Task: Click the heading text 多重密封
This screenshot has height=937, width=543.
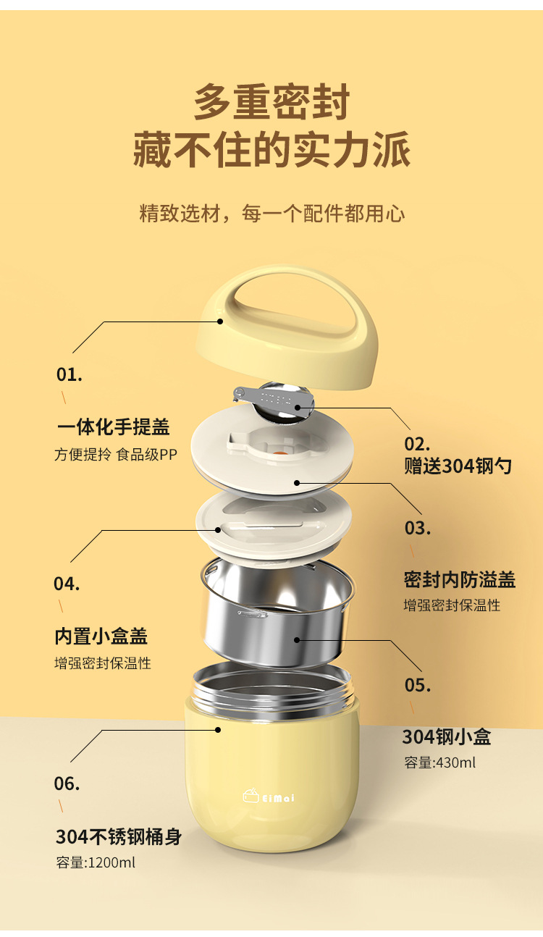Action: pyautogui.click(x=271, y=102)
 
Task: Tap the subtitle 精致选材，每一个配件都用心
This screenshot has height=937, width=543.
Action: pyautogui.click(x=271, y=213)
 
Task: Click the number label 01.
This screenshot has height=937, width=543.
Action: pyautogui.click(x=70, y=375)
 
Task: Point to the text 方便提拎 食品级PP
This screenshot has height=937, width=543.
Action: pyautogui.click(x=116, y=455)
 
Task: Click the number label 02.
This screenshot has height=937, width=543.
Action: pyautogui.click(x=417, y=444)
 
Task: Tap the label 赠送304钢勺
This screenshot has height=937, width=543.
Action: pyautogui.click(x=458, y=466)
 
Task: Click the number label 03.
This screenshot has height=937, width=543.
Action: pyautogui.click(x=417, y=528)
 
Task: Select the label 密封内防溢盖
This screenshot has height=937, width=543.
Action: pyautogui.click(x=459, y=579)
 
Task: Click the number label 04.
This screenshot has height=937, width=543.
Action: pyautogui.click(x=67, y=584)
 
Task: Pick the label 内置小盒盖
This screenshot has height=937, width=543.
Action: pyautogui.click(x=101, y=636)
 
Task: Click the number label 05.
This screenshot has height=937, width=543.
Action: pyautogui.click(x=418, y=685)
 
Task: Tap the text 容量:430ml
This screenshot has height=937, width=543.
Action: pyautogui.click(x=439, y=762)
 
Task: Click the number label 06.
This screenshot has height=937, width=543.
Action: pyautogui.click(x=67, y=783)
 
